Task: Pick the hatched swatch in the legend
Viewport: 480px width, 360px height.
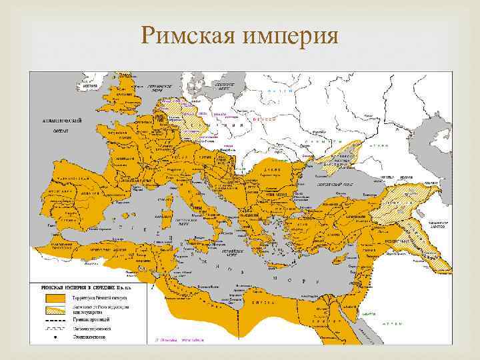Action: tap(53, 307)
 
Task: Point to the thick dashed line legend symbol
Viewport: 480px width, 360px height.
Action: tap(53, 319)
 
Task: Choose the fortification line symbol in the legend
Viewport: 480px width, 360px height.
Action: tap(53, 327)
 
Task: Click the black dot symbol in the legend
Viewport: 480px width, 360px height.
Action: tap(53, 337)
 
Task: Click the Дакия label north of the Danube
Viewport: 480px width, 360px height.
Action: tap(273, 171)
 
